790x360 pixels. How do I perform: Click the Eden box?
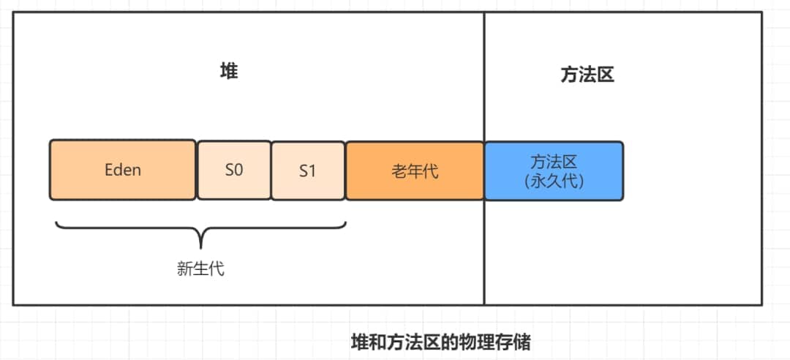point(123,170)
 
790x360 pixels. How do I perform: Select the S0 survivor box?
point(234,170)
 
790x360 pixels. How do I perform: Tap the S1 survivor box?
point(308,170)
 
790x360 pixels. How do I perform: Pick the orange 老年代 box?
point(415,170)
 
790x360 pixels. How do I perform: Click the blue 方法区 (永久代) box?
point(554,170)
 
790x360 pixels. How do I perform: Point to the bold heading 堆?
point(229,72)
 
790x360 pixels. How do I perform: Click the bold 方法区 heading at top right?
point(582,75)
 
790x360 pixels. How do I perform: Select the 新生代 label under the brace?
point(200,269)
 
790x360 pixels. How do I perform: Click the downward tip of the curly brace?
point(200,247)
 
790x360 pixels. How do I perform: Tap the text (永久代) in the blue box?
point(554,181)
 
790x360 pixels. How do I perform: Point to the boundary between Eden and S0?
point(197,170)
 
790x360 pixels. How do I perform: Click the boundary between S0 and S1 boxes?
point(271,170)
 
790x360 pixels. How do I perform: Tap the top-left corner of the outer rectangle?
point(13,12)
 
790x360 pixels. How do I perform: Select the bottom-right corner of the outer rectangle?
point(761,304)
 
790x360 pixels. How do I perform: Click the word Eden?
point(123,170)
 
